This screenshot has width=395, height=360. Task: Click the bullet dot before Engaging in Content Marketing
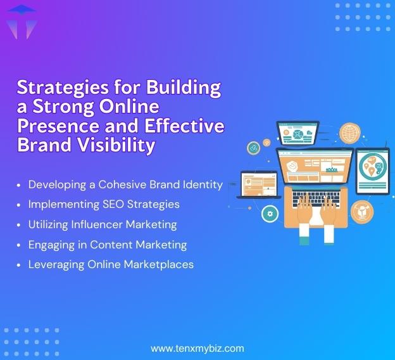(x=19, y=245)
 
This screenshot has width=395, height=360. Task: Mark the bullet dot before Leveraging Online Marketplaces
(x=19, y=264)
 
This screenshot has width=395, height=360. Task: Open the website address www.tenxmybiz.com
(x=197, y=348)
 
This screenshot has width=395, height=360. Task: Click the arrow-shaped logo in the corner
(x=21, y=21)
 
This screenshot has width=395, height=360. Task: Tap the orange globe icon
(x=349, y=133)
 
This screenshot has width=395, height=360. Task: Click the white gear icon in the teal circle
(x=271, y=214)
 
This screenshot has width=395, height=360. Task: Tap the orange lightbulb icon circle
(x=363, y=211)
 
